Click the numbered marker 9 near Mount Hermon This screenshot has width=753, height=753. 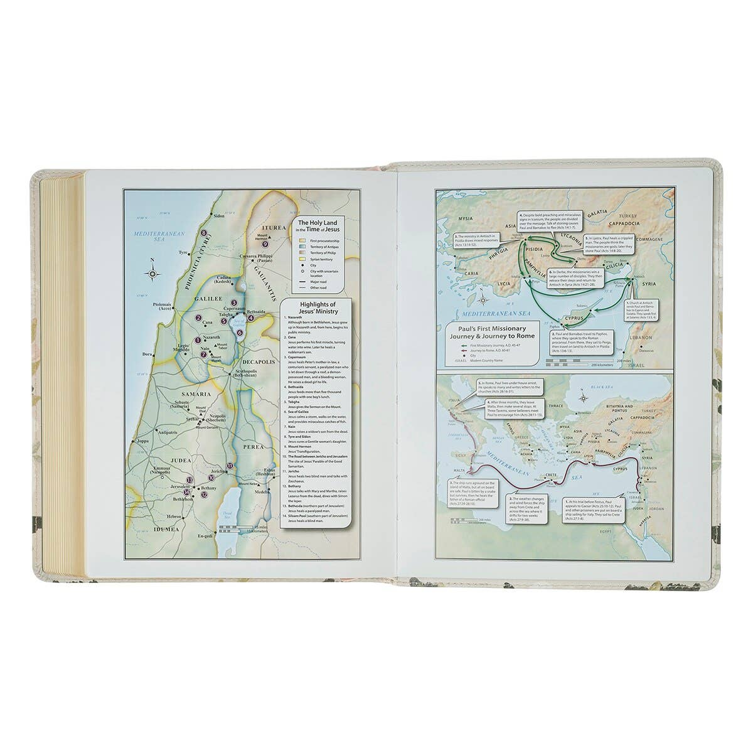(x=265, y=244)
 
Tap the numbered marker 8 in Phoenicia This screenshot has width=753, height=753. (x=204, y=233)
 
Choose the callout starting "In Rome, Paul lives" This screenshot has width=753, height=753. (x=510, y=387)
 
